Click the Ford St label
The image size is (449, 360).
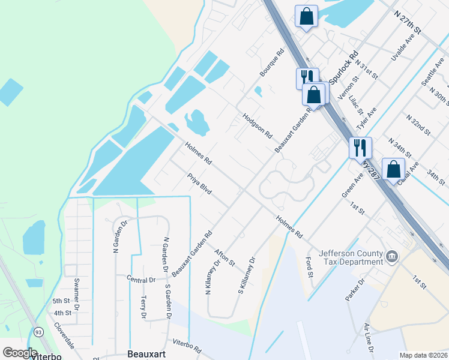(310, 268)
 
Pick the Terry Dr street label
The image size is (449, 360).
(143, 307)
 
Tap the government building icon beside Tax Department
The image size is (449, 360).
(392, 257)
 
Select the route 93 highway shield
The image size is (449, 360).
(38, 331)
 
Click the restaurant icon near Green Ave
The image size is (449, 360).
(360, 147)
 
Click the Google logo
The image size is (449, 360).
(20, 353)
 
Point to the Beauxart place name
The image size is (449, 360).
(146, 354)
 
